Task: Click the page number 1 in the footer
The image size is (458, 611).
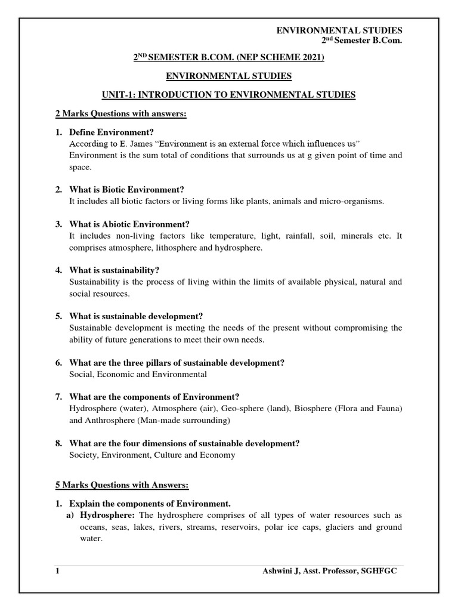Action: [57, 571]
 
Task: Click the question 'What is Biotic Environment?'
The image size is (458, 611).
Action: [127, 189]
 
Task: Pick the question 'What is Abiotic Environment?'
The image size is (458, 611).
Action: [129, 224]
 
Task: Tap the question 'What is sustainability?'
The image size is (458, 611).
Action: [114, 270]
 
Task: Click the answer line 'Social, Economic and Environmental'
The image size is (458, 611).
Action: [138, 374]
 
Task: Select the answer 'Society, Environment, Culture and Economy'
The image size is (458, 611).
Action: [152, 455]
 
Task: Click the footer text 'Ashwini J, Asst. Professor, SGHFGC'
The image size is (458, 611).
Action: [329, 571]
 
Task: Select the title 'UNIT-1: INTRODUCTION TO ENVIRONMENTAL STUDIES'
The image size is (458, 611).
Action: [228, 95]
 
